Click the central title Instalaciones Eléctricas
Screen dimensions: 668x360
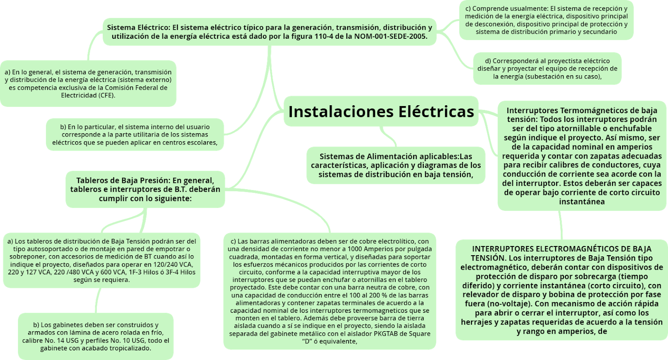pos(381,112)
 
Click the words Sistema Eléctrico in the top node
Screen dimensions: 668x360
pos(137,28)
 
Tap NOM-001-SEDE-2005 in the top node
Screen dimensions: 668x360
pos(390,36)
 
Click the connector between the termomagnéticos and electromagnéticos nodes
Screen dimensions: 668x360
pos(561,225)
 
